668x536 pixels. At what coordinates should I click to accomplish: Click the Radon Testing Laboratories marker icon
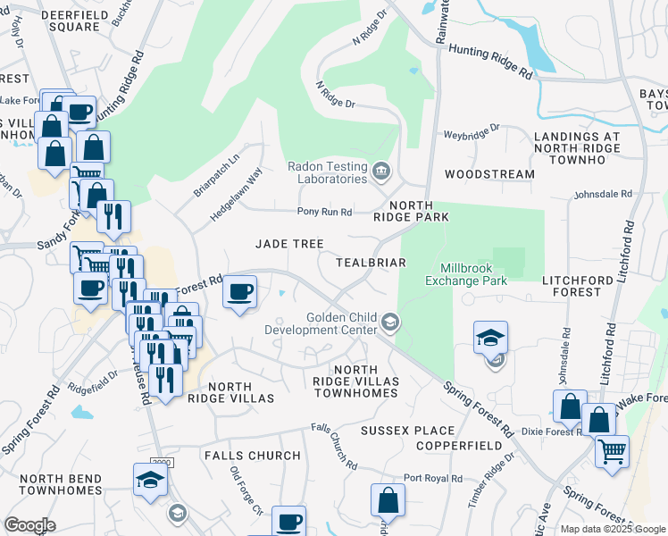[x=381, y=170]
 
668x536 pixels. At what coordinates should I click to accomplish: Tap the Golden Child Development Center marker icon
[x=389, y=322]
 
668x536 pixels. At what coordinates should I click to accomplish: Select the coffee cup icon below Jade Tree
[x=239, y=292]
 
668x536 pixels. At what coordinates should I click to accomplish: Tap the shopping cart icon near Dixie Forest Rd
[x=612, y=452]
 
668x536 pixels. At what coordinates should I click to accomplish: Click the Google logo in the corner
[x=29, y=525]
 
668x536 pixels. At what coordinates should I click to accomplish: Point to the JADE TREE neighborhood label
[x=289, y=244]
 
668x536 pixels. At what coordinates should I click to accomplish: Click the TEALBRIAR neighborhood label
[x=371, y=263]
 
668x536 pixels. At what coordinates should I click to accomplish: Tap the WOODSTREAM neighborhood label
[x=490, y=174]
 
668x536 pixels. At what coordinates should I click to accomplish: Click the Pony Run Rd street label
[x=325, y=212]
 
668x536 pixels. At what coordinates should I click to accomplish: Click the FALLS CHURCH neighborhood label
[x=252, y=456]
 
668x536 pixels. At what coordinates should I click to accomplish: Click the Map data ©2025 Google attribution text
[x=612, y=529]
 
